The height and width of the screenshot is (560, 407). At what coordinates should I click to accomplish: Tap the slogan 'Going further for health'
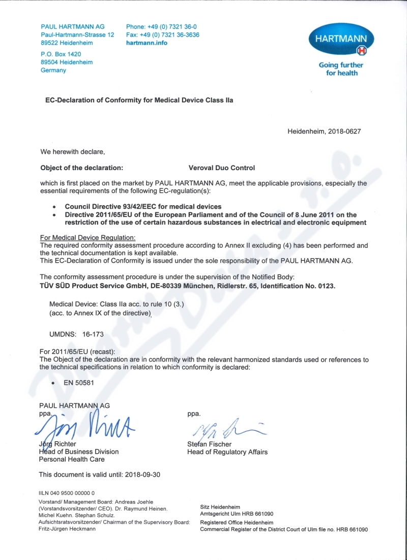341,69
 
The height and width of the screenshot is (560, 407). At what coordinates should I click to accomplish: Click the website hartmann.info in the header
147,43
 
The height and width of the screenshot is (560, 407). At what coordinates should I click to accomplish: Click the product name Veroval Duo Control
221,167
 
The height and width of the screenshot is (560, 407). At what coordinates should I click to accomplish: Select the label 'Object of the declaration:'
81,167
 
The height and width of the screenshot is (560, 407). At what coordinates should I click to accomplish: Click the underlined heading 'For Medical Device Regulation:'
88,238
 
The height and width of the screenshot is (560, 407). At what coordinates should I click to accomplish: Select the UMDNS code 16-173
92,334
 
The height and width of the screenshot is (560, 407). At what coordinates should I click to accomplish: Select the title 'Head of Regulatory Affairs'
227,452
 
